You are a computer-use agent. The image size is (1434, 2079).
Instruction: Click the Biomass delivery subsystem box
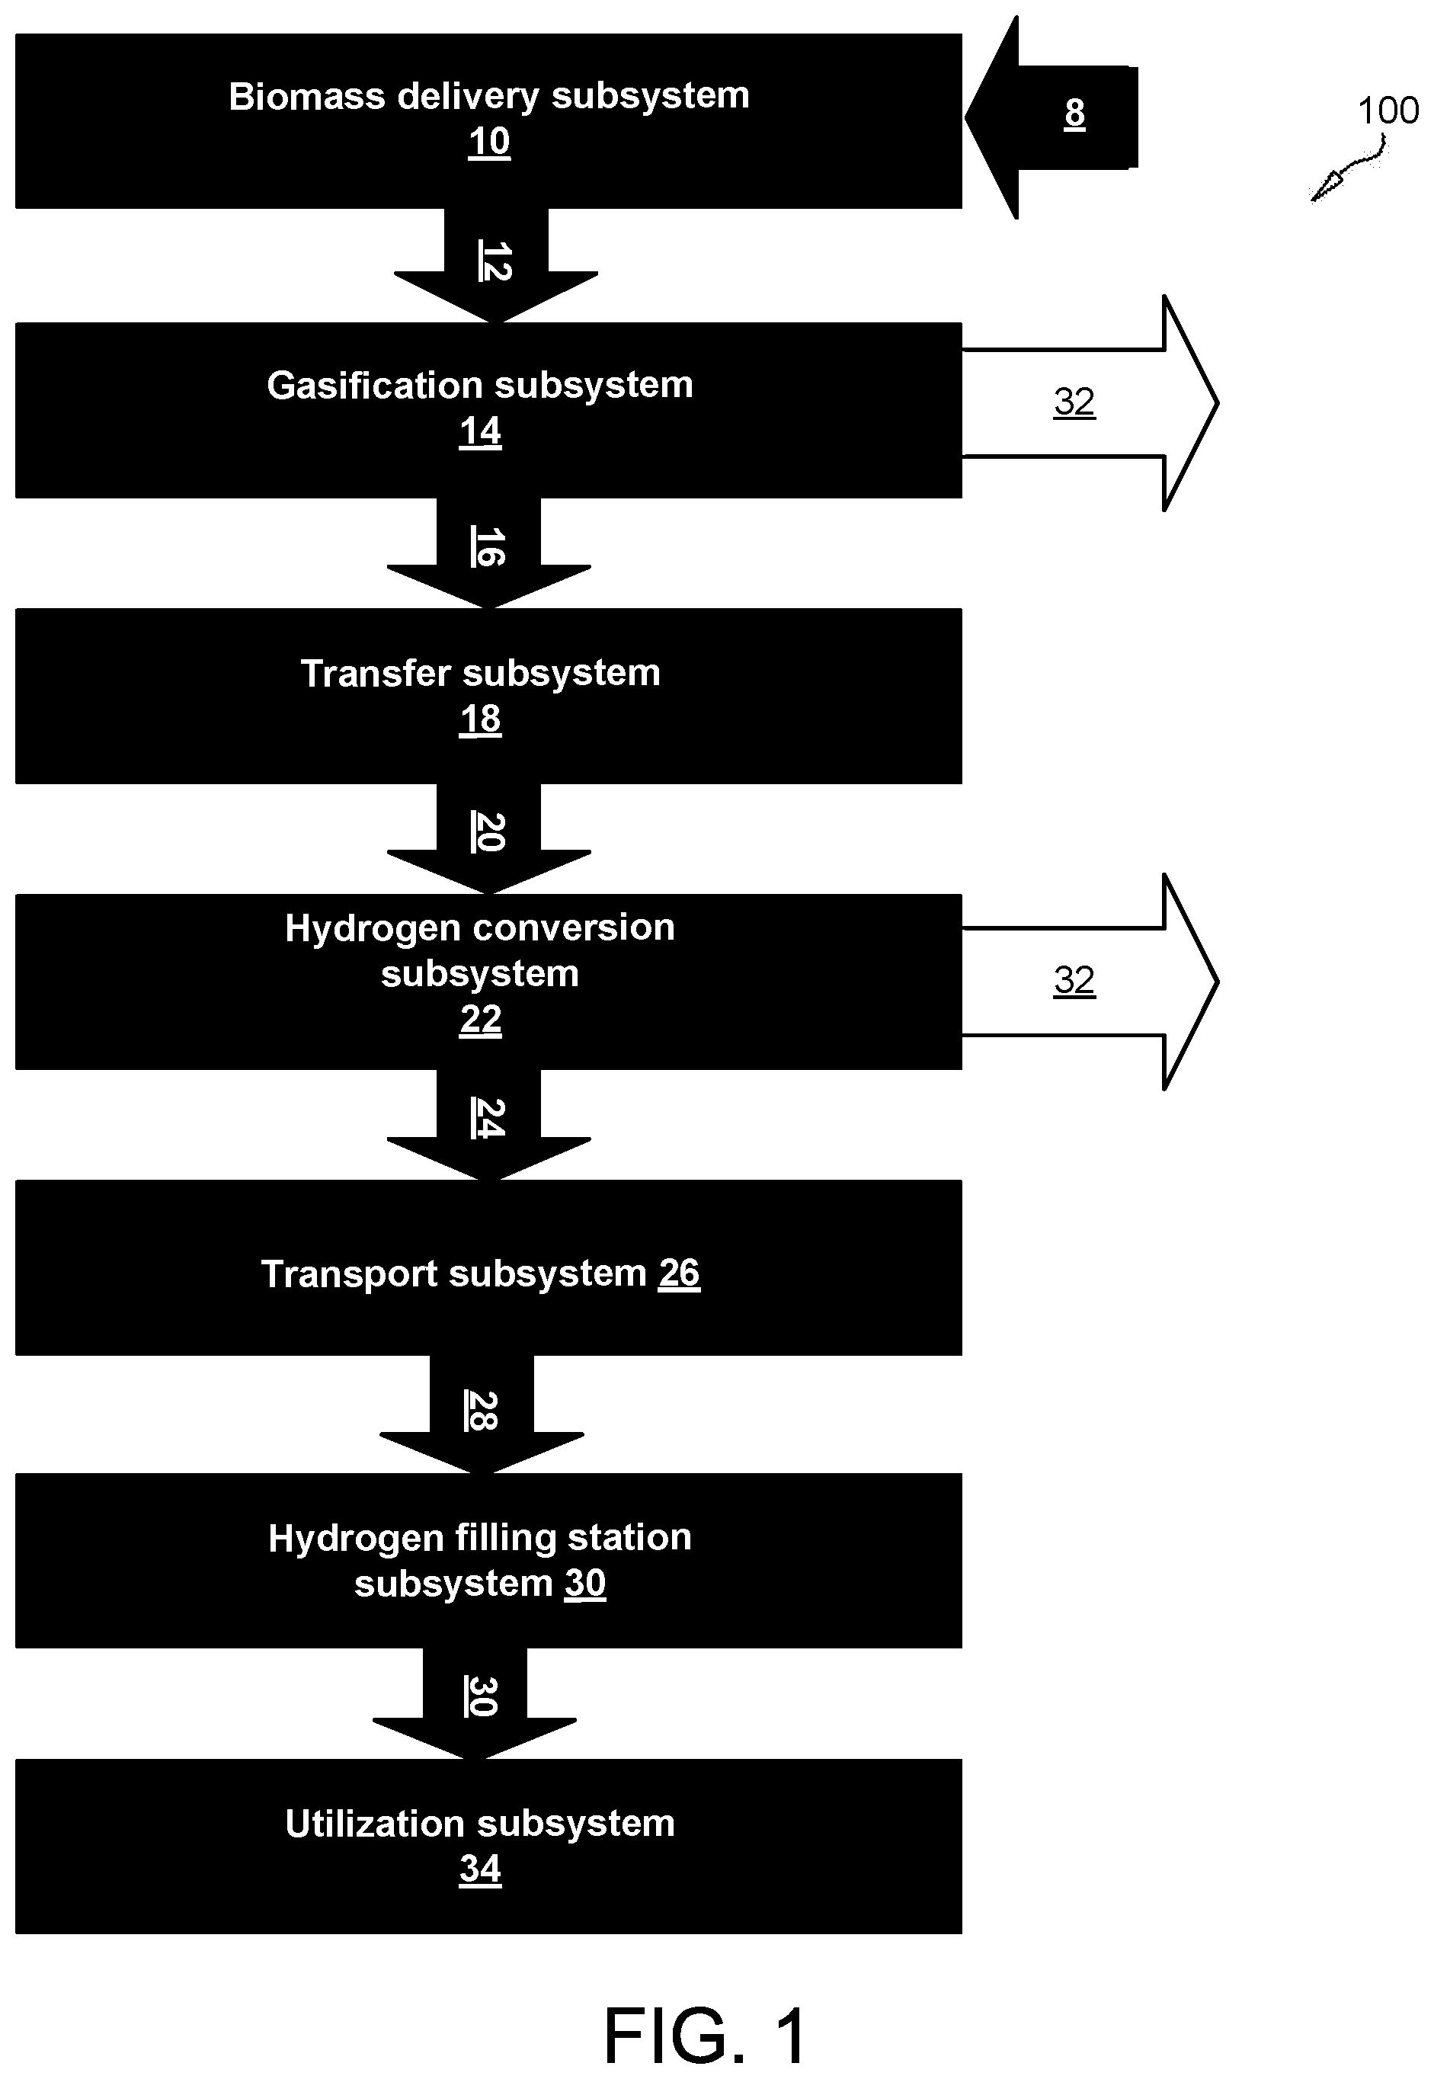pyautogui.click(x=488, y=121)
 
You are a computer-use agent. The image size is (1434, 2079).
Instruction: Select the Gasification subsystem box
pyautogui.click(x=488, y=410)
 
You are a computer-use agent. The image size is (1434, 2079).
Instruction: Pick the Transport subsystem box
pyautogui.click(x=488, y=1267)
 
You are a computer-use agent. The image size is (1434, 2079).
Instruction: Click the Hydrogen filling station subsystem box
pyautogui.click(x=488, y=1560)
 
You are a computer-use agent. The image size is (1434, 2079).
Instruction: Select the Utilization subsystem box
pyautogui.click(x=488, y=1847)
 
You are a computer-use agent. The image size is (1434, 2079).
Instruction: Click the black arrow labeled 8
pyautogui.click(x=1051, y=117)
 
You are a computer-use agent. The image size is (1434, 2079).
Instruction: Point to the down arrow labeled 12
pyautogui.click(x=496, y=266)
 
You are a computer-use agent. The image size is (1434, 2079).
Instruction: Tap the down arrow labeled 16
pyautogui.click(x=488, y=553)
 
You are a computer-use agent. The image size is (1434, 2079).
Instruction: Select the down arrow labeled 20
pyautogui.click(x=488, y=839)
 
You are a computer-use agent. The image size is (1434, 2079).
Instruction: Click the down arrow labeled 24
pyautogui.click(x=488, y=1125)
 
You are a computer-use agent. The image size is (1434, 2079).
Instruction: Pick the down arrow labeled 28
pyautogui.click(x=482, y=1414)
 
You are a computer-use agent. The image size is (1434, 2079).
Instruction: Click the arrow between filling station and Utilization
pyautogui.click(x=475, y=1703)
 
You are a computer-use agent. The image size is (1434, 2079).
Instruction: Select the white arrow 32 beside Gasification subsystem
pyautogui.click(x=1090, y=403)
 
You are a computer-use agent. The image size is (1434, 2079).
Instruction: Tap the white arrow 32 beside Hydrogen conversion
pyautogui.click(x=1090, y=982)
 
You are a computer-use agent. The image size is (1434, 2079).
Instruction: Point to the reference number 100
pyautogui.click(x=1388, y=111)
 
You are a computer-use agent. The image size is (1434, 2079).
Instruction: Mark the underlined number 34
pyautogui.click(x=481, y=1869)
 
